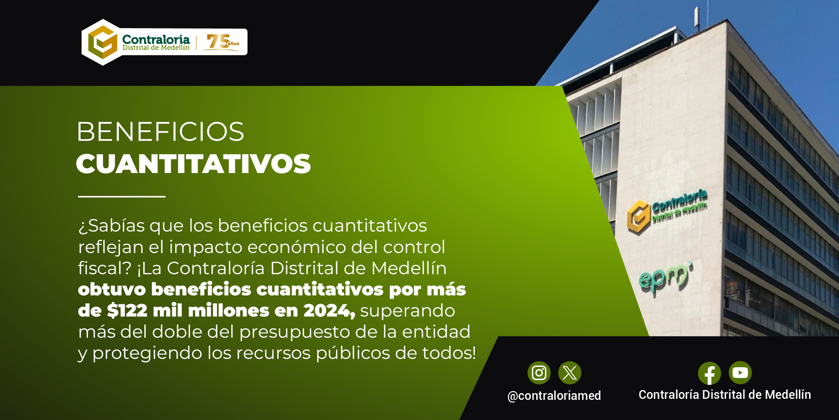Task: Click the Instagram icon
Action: click(x=539, y=373)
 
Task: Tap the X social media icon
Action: click(x=570, y=373)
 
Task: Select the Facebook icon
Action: click(x=709, y=373)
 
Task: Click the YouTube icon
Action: click(x=740, y=373)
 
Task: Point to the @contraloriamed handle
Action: click(x=554, y=396)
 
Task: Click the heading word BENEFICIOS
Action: click(x=160, y=131)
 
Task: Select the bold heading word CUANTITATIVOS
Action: click(x=194, y=164)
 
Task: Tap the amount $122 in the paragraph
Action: click(x=127, y=311)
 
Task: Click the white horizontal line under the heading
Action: click(x=122, y=197)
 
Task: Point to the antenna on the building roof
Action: click(x=696, y=18)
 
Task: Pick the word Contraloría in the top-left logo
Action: click(x=156, y=39)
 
